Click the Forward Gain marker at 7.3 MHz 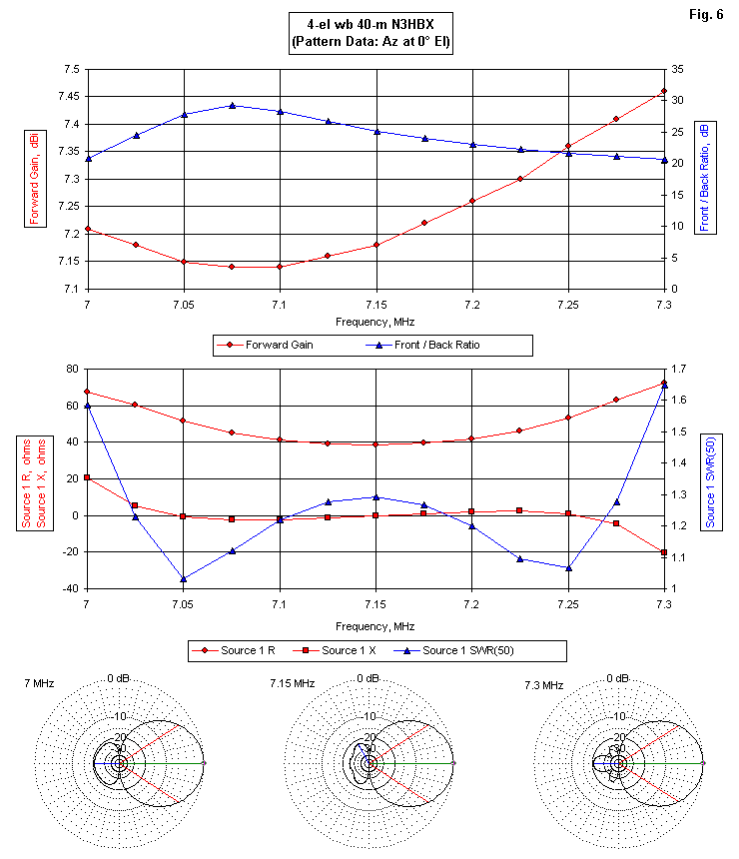664,92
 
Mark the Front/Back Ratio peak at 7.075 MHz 232,105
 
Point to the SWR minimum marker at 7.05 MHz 184,578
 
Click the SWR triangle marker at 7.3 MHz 664,385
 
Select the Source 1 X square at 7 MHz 88,477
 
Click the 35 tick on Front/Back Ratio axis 677,69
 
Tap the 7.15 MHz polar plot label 292,684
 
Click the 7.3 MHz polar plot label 543,684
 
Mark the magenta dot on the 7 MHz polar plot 204,763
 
